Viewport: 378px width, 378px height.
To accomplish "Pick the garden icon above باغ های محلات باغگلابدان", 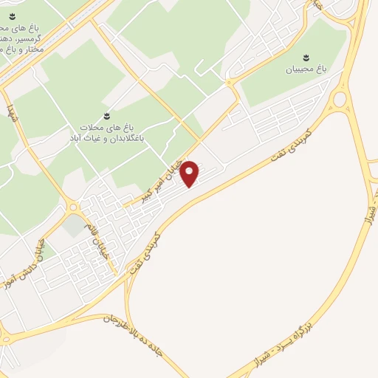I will [107, 115].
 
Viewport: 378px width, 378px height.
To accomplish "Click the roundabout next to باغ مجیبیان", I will [340, 99].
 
